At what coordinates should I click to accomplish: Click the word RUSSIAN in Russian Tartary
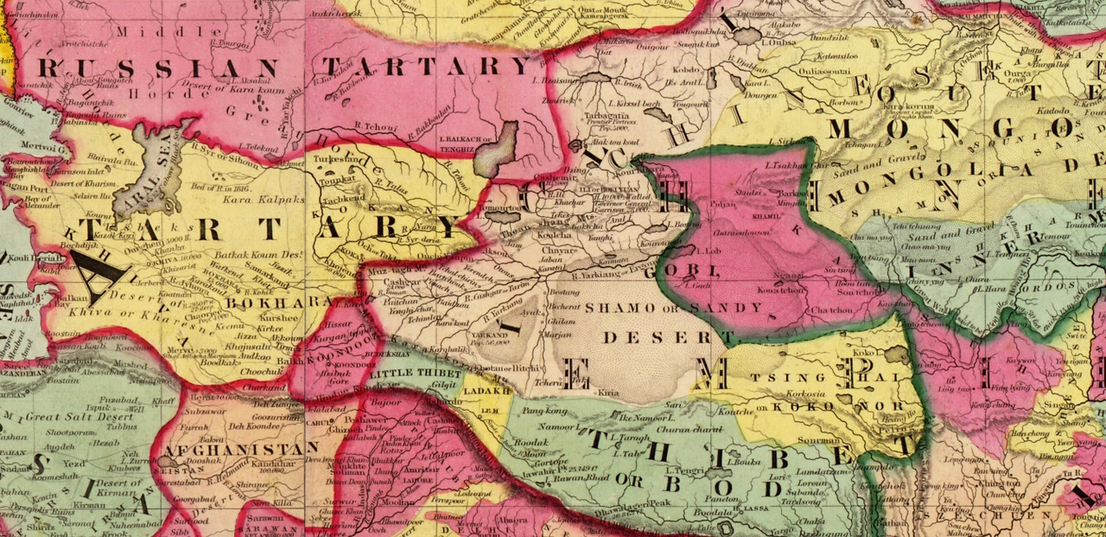tap(159, 68)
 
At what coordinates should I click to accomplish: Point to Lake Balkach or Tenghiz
tap(499, 148)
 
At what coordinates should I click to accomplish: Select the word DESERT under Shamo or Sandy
tap(658, 336)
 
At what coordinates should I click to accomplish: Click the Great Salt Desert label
tap(66, 417)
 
